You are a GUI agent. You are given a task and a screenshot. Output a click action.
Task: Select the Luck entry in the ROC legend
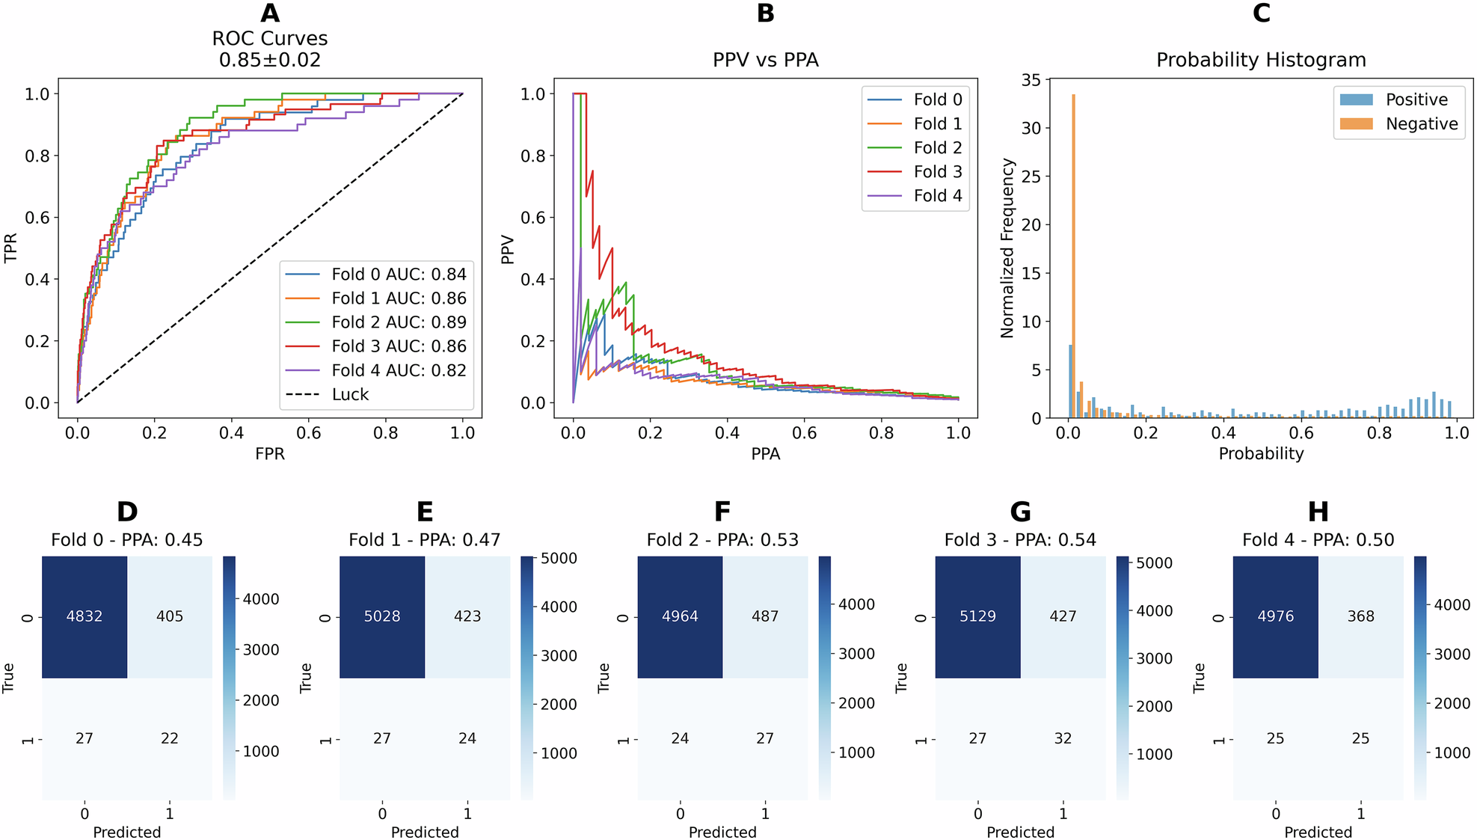point(350,394)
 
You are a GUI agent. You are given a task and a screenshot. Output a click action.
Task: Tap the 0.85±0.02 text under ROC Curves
point(270,60)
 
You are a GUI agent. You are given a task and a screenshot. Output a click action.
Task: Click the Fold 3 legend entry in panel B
point(937,172)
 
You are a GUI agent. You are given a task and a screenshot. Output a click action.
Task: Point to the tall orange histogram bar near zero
point(1073,254)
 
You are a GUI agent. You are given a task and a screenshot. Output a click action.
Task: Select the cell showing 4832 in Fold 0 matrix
point(85,616)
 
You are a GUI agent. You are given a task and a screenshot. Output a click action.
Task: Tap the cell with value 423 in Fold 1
point(467,616)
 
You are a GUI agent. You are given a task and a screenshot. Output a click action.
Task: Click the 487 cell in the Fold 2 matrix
point(765,616)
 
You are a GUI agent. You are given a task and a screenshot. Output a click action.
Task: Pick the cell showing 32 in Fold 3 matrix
point(1063,738)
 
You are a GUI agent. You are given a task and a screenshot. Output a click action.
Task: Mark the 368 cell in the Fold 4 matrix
point(1360,616)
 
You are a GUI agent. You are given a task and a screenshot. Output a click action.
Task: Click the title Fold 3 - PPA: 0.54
point(1020,540)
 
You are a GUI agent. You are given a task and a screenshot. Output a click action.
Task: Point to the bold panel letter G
point(1020,512)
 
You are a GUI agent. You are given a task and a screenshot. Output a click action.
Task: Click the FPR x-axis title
point(270,454)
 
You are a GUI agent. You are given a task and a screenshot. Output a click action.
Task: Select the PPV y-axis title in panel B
point(508,249)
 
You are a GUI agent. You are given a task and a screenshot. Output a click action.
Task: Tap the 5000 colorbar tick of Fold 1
point(559,559)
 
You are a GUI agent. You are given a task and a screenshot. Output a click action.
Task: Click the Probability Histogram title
point(1261,60)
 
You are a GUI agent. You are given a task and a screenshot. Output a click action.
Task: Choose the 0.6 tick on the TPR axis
point(37,218)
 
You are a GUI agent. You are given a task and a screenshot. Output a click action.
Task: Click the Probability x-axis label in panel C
point(1261,454)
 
